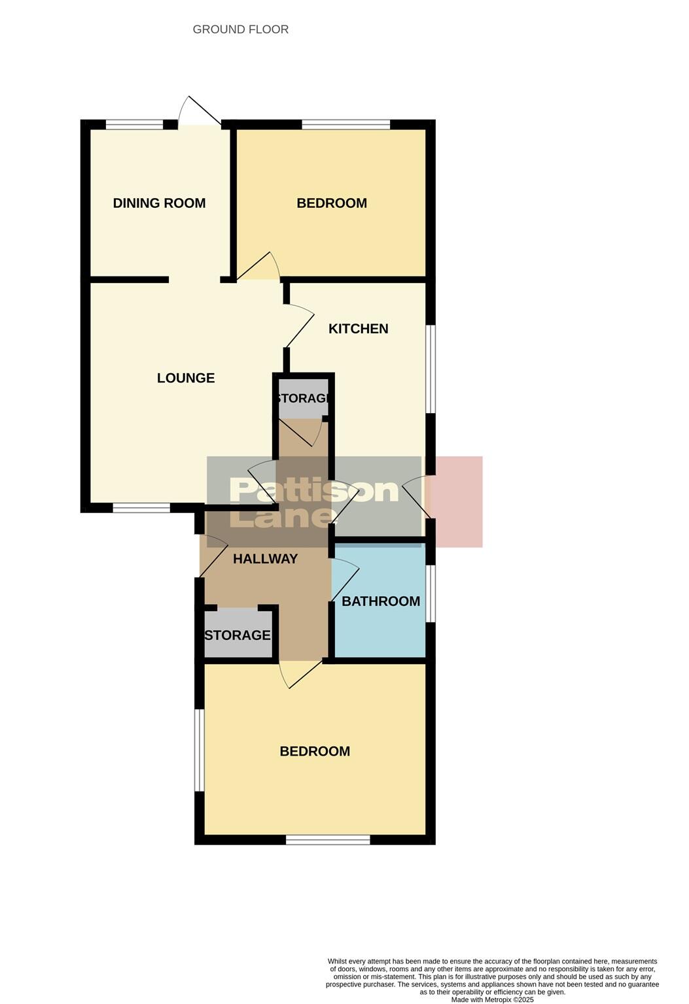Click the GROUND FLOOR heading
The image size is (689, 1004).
pos(240,29)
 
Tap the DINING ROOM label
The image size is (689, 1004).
pos(159,203)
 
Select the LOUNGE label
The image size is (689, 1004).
pos(186,378)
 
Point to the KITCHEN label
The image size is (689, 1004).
pos(358,329)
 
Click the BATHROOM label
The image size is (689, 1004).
pos(381,601)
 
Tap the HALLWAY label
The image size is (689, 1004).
pos(265,559)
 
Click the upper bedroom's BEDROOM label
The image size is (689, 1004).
pos(332,203)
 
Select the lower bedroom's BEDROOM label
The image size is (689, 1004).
pos(315,752)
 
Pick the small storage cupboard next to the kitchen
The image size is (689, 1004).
pos(303,398)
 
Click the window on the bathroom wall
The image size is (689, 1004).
pos(431,594)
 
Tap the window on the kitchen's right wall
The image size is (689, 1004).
pos(431,369)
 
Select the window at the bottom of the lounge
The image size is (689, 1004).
pos(141,507)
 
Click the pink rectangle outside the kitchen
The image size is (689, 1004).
pos(458,501)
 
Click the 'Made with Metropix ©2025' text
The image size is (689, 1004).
pos(492,999)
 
